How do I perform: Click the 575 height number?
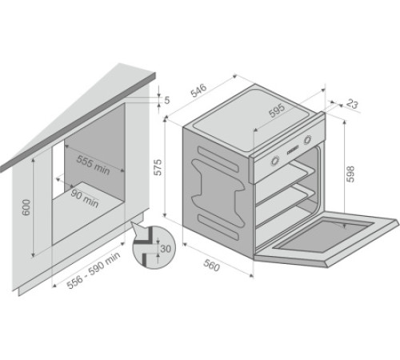158,167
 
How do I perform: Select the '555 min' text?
94,163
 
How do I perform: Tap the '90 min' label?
83,198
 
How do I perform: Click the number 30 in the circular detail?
165,249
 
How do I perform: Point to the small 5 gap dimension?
167,100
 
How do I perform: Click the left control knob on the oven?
275,160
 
